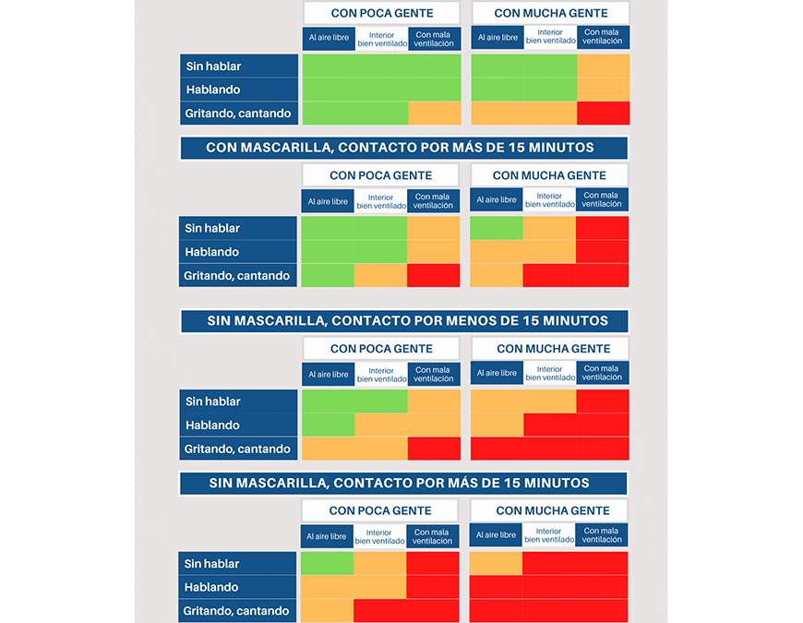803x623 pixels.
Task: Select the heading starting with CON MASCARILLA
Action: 403,148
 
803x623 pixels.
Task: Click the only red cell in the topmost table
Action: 604,114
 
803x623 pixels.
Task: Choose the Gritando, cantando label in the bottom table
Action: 237,611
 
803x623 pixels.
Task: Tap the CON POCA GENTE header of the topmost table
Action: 382,13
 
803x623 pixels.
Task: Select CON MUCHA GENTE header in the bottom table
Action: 552,510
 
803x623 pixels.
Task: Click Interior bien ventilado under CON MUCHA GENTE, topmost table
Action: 550,38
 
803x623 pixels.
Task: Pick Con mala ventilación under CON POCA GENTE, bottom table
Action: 432,536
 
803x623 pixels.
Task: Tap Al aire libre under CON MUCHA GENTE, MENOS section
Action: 497,374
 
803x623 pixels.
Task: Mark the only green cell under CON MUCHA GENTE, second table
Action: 497,228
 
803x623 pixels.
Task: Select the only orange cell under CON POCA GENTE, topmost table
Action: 434,114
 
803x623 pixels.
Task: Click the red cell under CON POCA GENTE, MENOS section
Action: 434,449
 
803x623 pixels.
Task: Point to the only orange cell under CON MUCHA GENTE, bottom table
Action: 497,563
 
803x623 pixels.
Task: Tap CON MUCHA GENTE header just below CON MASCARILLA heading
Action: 549,175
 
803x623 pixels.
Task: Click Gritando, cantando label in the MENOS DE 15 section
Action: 238,449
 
